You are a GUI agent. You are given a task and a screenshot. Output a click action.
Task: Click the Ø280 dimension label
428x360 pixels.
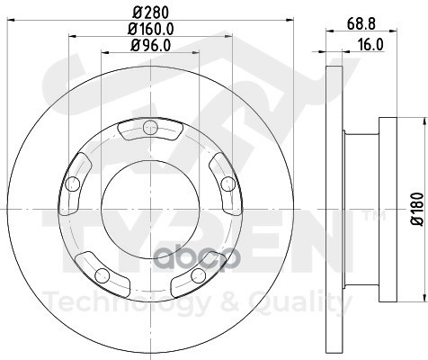[151, 13]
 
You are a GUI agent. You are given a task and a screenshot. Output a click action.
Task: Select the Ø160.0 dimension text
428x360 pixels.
[151, 29]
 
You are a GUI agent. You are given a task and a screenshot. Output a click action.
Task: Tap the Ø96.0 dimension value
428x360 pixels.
[151, 45]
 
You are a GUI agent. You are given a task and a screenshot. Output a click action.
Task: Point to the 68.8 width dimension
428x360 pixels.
[361, 24]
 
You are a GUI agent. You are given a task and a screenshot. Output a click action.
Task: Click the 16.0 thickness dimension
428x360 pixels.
[370, 45]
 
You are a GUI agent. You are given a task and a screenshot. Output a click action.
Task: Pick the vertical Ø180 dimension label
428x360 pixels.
[417, 209]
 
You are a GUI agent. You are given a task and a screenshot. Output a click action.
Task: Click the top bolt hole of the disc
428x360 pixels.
[150, 127]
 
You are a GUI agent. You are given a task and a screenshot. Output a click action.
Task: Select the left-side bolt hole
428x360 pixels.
[73, 184]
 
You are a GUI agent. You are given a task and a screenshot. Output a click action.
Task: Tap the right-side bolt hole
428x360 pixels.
[228, 184]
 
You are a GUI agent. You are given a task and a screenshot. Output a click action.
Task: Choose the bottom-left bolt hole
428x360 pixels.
[103, 275]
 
